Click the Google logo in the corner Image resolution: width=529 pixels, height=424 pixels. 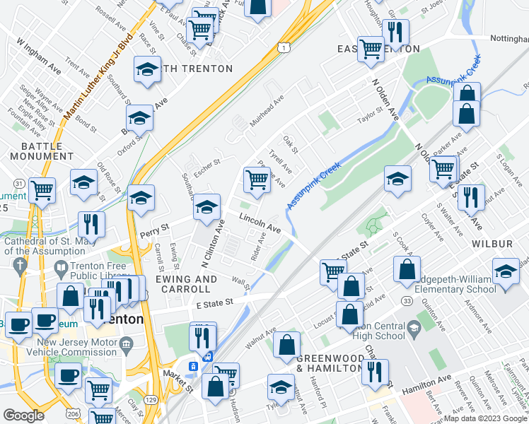click(x=24, y=416)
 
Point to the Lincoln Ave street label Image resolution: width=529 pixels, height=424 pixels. click(x=260, y=224)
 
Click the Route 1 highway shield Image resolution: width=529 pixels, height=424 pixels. click(x=284, y=47)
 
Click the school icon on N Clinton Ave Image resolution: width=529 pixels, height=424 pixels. click(x=207, y=206)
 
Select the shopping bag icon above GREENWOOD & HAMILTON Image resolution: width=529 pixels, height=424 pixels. click(x=286, y=345)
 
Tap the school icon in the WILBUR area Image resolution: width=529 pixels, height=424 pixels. click(x=505, y=271)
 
